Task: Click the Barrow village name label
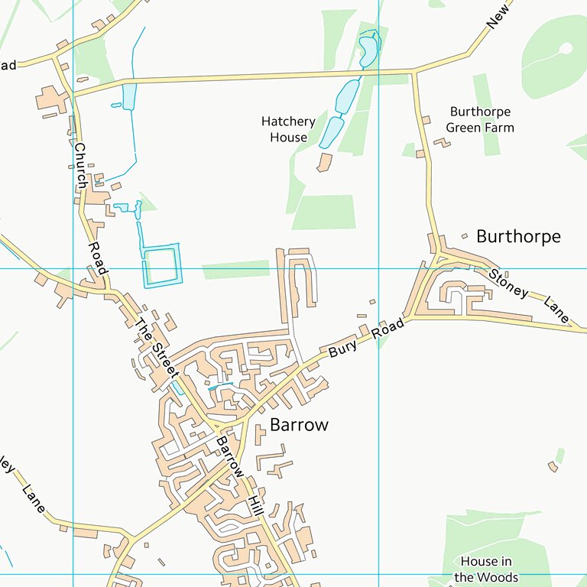(299, 425)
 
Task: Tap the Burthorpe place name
(518, 236)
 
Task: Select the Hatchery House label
(288, 130)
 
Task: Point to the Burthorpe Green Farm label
(480, 120)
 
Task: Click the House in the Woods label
(486, 569)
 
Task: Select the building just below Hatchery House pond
(324, 162)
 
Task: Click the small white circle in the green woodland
(566, 49)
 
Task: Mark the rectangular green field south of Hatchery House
(323, 212)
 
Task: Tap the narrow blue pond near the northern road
(129, 96)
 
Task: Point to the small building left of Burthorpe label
(465, 236)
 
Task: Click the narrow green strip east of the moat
(235, 269)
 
